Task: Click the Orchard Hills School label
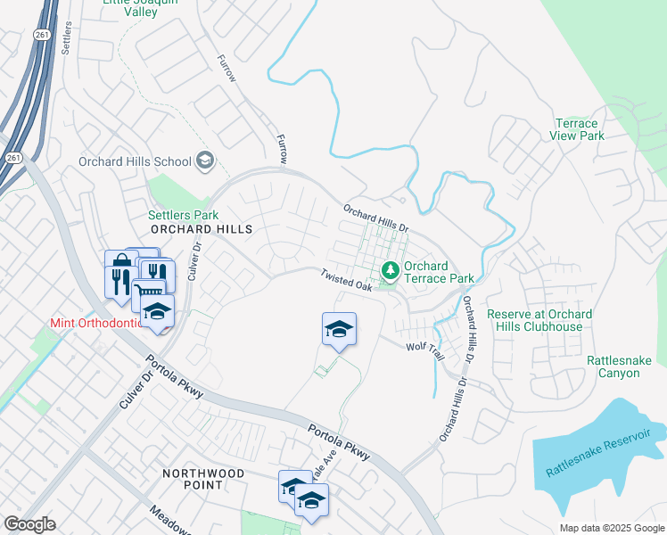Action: [x=135, y=161]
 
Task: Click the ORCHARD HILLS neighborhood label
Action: [x=202, y=229]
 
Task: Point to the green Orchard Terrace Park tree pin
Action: [x=390, y=269]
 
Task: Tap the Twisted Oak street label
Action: [x=346, y=281]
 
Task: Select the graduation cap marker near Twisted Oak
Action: [x=339, y=330]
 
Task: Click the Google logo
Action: [x=29, y=524]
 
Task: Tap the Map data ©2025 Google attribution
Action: [x=612, y=528]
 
